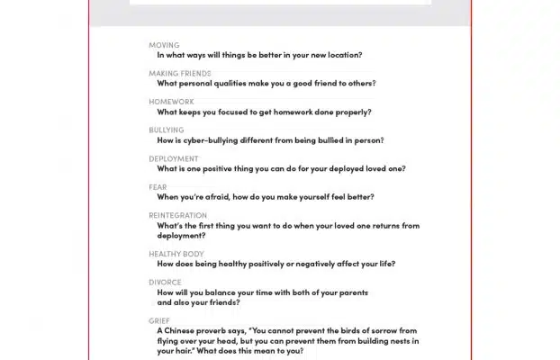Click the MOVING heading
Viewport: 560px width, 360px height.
click(x=164, y=45)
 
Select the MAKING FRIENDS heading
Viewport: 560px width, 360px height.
click(x=180, y=74)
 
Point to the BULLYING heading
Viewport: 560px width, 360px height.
click(x=166, y=130)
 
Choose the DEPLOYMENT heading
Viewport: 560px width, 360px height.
click(x=174, y=159)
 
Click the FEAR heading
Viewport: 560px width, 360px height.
click(x=158, y=187)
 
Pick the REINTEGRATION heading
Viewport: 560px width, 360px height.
click(x=177, y=216)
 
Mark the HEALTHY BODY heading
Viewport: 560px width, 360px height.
click(x=176, y=255)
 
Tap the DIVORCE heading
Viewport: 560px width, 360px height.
click(x=165, y=283)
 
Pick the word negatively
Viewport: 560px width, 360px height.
click(x=317, y=265)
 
